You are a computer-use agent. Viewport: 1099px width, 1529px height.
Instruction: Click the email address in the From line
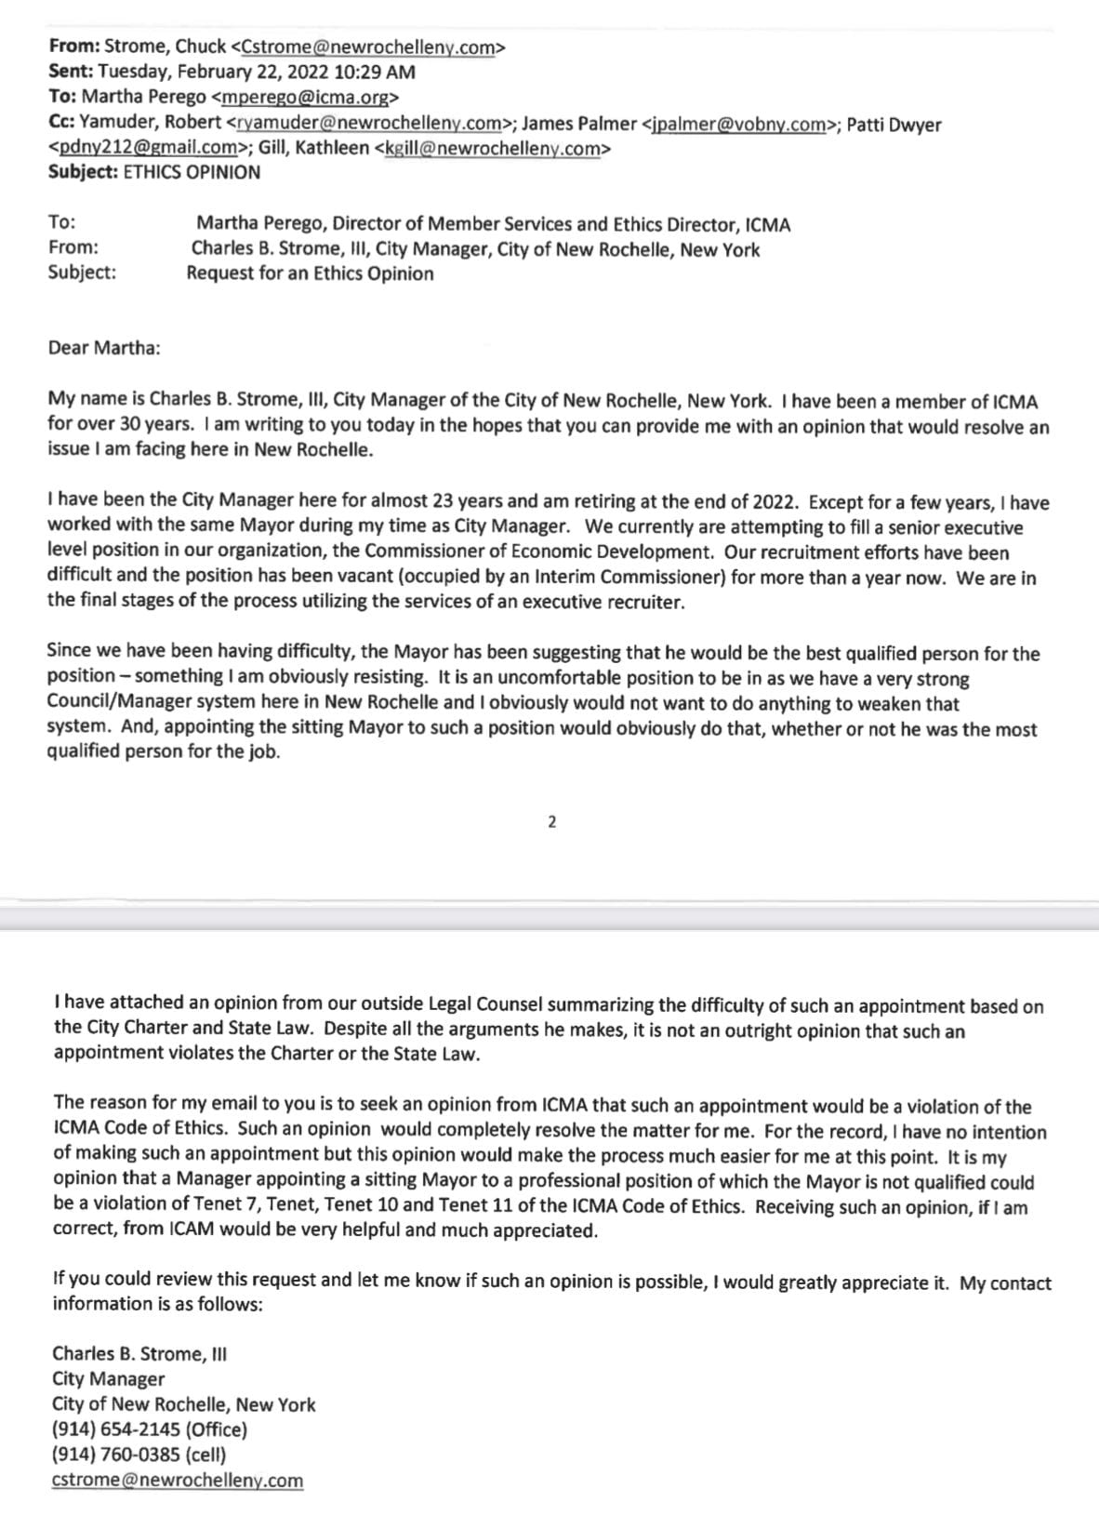pyautogui.click(x=368, y=47)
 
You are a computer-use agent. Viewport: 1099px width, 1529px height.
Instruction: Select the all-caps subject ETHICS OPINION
pyautogui.click(x=192, y=172)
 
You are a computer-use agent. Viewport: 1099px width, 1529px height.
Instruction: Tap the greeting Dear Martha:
pyautogui.click(x=104, y=348)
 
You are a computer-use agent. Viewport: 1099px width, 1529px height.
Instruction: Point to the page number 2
pyautogui.click(x=551, y=821)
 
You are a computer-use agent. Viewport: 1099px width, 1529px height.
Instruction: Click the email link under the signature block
pyautogui.click(x=178, y=1480)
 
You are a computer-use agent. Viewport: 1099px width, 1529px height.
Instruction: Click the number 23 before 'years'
pyautogui.click(x=444, y=501)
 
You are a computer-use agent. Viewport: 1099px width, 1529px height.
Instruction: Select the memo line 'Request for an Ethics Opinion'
pyautogui.click(x=310, y=273)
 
